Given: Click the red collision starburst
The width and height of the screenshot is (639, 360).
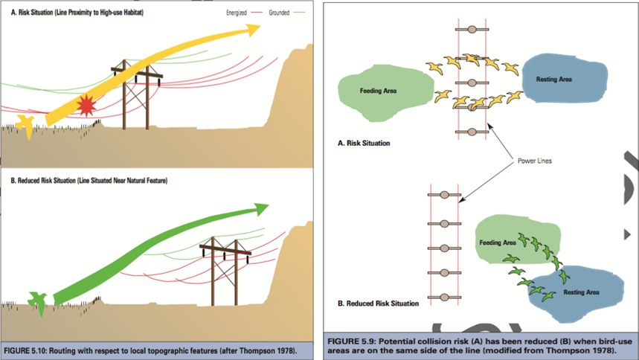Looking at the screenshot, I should pyautogui.click(x=87, y=107).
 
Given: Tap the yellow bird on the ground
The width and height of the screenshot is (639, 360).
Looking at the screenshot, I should pyautogui.click(x=27, y=126).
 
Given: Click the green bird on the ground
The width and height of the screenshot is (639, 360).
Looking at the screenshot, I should pyautogui.click(x=36, y=301).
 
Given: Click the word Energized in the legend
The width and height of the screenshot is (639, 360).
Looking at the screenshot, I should pyautogui.click(x=236, y=13).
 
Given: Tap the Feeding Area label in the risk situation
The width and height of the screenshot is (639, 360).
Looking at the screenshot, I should pyautogui.click(x=378, y=91).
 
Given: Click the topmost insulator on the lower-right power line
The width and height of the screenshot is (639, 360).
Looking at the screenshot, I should pyautogui.click(x=445, y=195).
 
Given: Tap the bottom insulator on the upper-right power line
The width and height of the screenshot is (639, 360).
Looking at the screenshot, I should pyautogui.click(x=471, y=132).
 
